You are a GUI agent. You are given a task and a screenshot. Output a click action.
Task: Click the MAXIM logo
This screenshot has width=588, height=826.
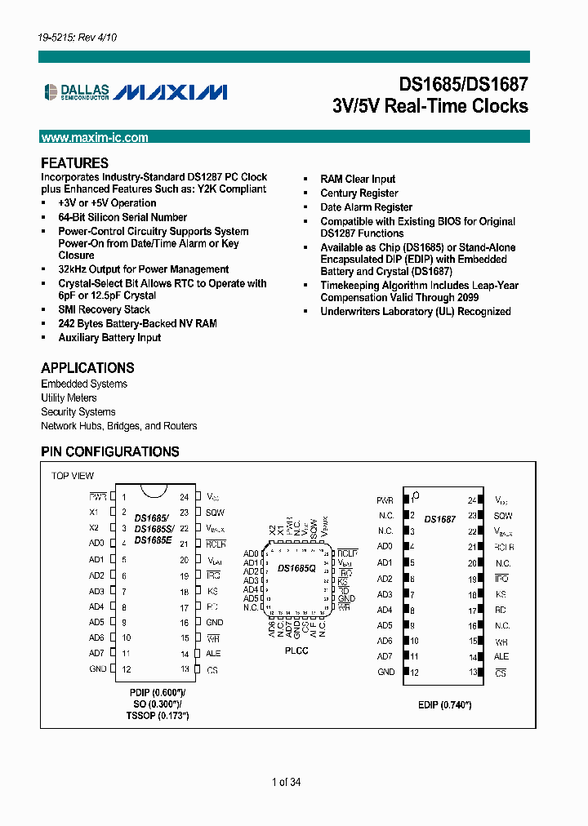click(x=171, y=91)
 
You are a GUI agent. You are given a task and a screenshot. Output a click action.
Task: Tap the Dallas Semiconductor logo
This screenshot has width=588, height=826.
click(x=75, y=91)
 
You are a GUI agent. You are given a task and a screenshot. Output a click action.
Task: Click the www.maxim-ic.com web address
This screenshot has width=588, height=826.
click(x=95, y=138)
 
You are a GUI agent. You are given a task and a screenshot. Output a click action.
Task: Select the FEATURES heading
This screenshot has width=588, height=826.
click(x=74, y=162)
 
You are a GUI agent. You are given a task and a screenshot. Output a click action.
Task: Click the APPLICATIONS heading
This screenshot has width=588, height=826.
click(x=87, y=367)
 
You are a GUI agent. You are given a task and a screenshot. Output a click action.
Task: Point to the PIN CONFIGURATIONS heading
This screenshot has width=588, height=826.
click(x=110, y=451)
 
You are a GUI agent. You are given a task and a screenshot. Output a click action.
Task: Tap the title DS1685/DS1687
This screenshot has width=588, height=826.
click(x=463, y=85)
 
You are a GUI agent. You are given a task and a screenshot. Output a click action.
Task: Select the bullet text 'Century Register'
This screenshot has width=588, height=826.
click(x=359, y=193)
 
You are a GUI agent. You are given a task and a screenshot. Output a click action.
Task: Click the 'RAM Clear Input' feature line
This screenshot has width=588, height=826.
click(x=358, y=179)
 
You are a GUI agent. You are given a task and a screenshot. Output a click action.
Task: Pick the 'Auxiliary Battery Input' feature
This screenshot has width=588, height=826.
click(x=109, y=338)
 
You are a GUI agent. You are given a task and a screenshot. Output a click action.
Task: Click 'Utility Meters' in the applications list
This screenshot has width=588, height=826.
click(x=69, y=397)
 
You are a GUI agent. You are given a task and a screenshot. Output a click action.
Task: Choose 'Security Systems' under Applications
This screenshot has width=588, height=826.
click(x=78, y=412)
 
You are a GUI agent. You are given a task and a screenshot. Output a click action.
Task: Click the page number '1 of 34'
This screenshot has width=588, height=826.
click(x=287, y=783)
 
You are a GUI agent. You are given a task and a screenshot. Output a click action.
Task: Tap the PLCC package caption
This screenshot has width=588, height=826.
click(x=296, y=651)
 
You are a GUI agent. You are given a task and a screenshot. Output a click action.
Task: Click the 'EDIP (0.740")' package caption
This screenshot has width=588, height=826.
click(x=445, y=705)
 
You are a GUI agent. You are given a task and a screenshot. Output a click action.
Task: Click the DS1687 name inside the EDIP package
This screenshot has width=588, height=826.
click(x=440, y=519)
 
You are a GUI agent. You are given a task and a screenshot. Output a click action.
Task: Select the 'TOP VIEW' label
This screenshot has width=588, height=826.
click(x=73, y=476)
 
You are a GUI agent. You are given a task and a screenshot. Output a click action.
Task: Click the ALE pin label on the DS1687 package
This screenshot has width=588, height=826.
click(x=501, y=656)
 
